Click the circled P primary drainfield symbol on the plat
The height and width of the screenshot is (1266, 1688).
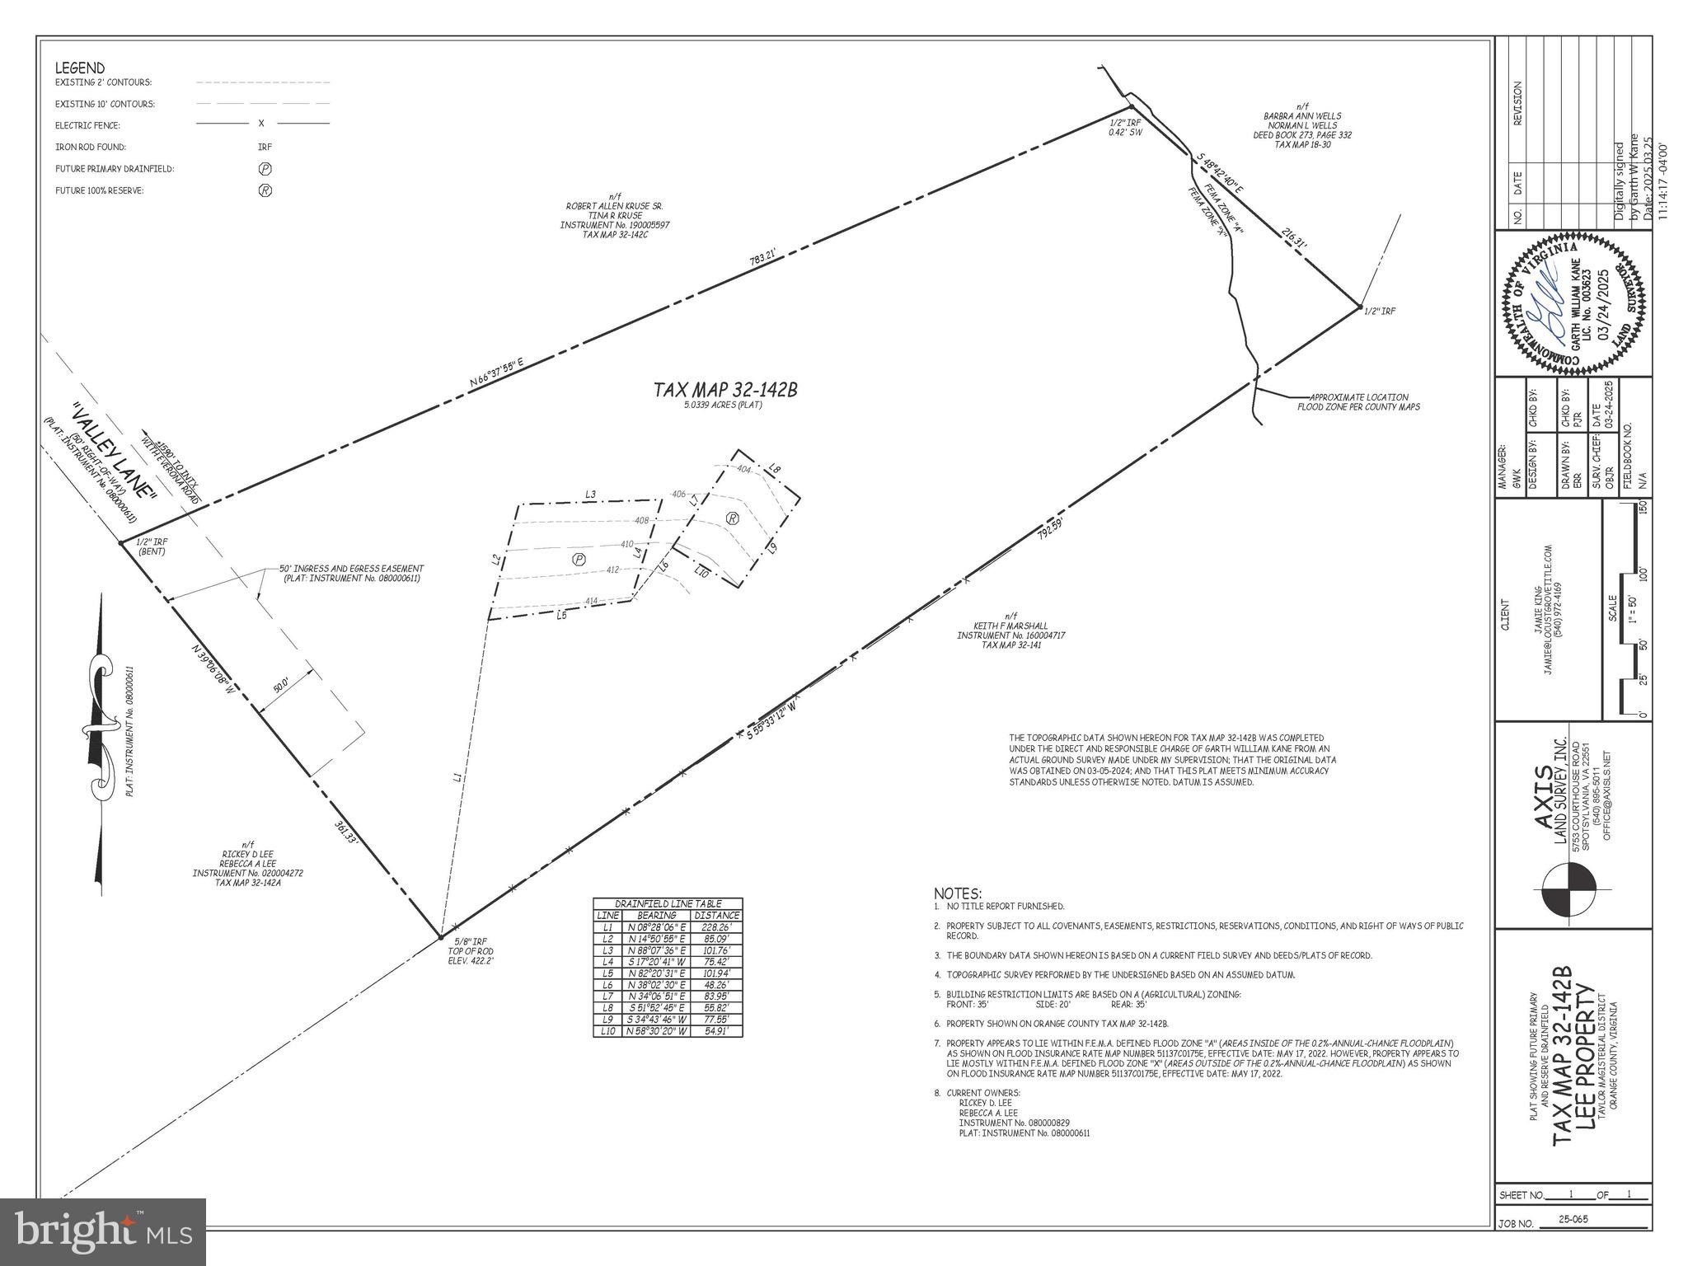click(579, 559)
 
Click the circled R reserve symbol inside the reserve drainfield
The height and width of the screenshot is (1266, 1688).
click(731, 518)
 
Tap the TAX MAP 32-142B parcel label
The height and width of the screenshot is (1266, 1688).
click(725, 390)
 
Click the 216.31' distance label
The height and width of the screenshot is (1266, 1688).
click(1294, 244)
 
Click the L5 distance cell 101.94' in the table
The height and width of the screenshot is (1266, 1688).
click(716, 973)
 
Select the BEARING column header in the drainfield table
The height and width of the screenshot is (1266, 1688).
click(657, 915)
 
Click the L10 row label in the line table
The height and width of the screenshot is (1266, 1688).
click(607, 1031)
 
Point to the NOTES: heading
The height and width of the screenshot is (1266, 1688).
click(958, 893)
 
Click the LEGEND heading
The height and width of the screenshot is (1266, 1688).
click(80, 68)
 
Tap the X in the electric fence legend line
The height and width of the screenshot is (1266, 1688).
click(261, 124)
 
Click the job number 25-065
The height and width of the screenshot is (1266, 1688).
click(1574, 1241)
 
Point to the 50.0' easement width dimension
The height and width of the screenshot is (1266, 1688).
click(282, 685)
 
